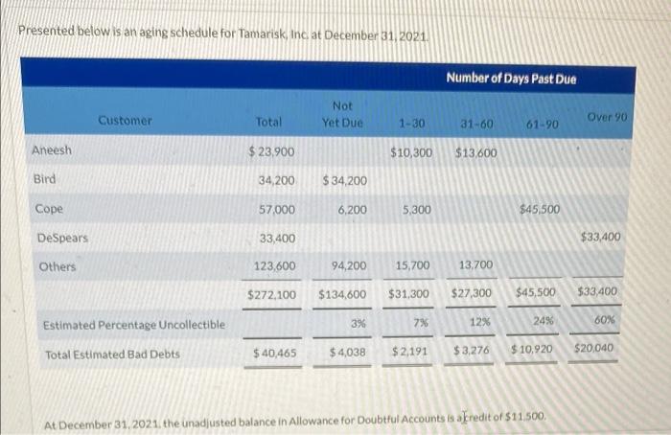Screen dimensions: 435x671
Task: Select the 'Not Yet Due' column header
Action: (341, 114)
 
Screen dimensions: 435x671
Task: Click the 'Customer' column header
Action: (125, 121)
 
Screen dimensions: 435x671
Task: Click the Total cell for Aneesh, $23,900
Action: (271, 151)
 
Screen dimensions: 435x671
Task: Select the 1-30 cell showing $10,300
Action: (411, 152)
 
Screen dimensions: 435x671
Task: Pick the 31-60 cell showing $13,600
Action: (475, 152)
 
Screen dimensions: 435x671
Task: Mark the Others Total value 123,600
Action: (275, 265)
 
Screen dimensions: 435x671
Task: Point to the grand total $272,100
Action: (271, 293)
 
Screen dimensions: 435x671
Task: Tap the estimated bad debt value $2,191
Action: (409, 354)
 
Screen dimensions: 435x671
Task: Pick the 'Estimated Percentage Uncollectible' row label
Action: (134, 325)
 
